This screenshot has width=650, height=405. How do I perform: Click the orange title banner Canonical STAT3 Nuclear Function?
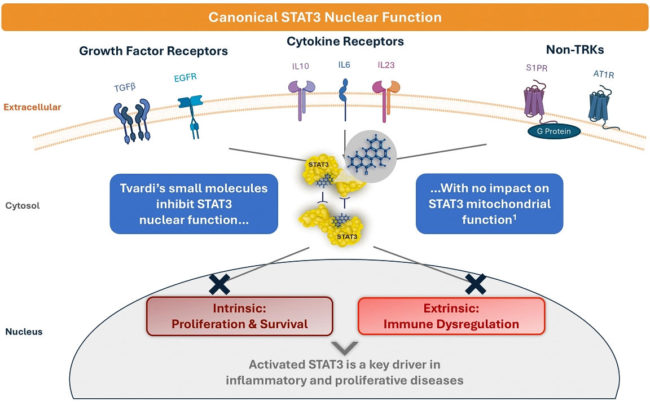point(325,17)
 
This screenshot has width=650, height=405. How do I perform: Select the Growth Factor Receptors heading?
point(153,51)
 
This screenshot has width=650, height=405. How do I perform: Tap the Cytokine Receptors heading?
point(345,42)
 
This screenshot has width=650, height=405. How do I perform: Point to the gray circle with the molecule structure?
point(371,155)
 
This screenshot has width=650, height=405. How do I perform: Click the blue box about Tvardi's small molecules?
point(194,204)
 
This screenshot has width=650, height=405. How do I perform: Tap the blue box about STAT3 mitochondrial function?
point(489,204)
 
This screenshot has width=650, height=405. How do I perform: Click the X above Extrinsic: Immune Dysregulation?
point(476,283)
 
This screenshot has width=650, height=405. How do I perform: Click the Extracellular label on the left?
point(32,107)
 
